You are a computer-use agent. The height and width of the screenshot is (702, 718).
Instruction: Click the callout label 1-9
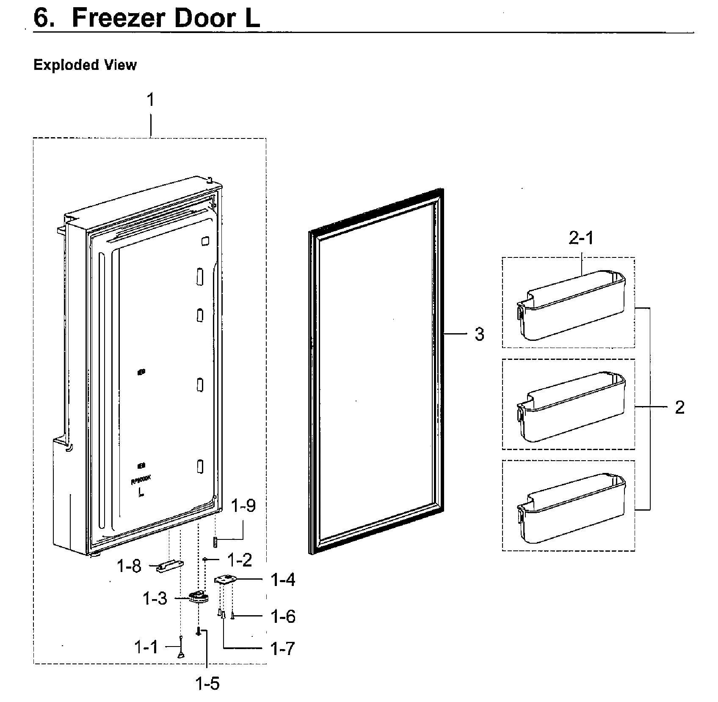(x=243, y=506)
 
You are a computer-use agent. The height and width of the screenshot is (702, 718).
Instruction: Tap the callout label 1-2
(x=240, y=560)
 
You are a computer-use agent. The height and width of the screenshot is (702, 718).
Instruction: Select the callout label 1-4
(x=283, y=580)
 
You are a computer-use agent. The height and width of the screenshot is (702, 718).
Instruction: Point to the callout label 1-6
(x=283, y=616)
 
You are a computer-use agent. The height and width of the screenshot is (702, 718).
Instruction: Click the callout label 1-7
(x=282, y=649)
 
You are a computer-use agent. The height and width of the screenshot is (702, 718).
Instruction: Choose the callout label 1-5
(x=208, y=683)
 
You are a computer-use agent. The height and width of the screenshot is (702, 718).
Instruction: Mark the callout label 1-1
(x=146, y=647)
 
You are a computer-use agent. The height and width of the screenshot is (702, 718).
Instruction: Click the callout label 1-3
(x=155, y=599)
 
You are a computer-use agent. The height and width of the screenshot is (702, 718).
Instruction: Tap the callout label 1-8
(x=129, y=566)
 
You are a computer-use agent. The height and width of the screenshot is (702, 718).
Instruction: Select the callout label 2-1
(x=581, y=239)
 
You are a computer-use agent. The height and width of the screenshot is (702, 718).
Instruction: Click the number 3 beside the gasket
(x=479, y=334)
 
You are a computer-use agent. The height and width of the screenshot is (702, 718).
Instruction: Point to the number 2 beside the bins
(x=679, y=408)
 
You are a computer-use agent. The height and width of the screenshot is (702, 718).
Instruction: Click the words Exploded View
(x=85, y=65)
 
